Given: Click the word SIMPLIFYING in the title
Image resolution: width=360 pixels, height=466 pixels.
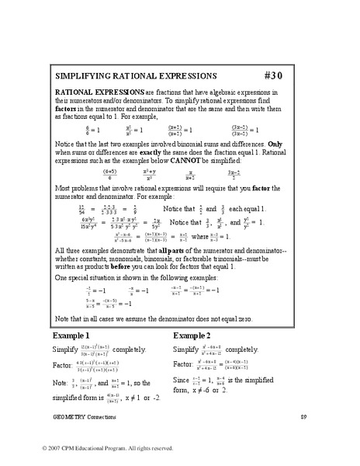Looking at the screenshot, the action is click(x=84, y=78).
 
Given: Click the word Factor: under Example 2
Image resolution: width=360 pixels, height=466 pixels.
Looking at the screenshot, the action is click(x=184, y=362).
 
